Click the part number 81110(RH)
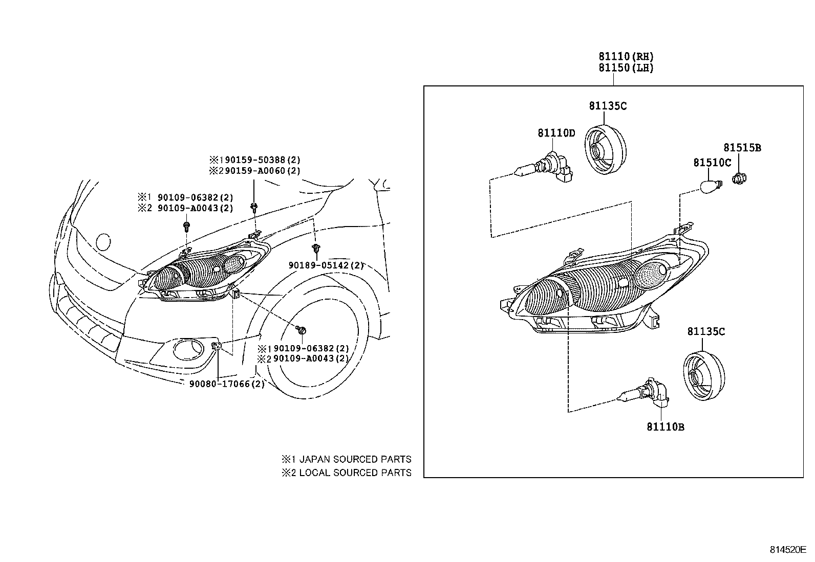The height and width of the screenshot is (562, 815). (x=626, y=57)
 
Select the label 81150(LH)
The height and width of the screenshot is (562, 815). (x=626, y=68)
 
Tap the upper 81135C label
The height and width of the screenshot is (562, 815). (x=607, y=106)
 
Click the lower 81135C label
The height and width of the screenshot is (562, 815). (x=706, y=331)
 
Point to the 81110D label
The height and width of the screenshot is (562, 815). (x=556, y=133)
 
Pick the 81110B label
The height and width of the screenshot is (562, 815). (x=665, y=426)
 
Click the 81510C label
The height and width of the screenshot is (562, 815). (x=712, y=163)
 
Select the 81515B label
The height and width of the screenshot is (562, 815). (x=742, y=148)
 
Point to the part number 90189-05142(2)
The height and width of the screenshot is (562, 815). (x=326, y=265)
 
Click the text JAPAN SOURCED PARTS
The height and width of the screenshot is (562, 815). (x=355, y=459)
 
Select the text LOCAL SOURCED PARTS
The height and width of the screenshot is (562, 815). (x=355, y=473)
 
